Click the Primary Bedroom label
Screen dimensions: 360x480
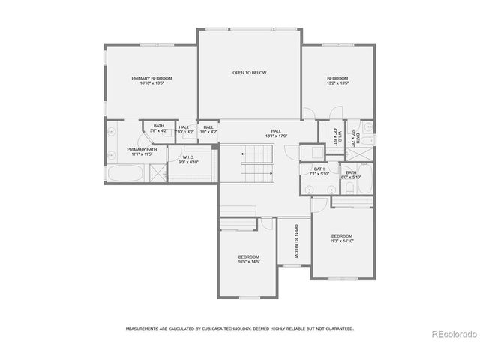tap(152, 78)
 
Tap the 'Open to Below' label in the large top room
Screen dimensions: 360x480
tap(249, 73)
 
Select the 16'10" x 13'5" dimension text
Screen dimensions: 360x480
tap(152, 83)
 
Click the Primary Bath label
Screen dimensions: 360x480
tap(142, 149)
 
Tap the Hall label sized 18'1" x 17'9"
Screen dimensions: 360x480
tap(277, 130)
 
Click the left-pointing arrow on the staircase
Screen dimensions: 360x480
tap(244, 153)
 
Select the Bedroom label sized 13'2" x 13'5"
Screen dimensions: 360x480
tap(337, 78)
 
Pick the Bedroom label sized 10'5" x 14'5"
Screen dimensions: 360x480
tap(248, 256)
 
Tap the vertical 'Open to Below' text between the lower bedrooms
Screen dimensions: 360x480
tap(296, 241)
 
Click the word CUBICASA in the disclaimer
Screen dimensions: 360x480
tap(225, 328)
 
